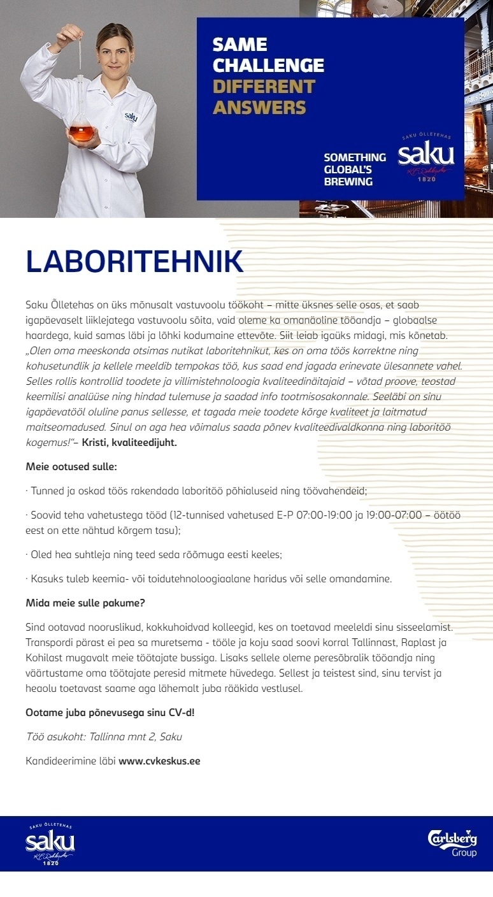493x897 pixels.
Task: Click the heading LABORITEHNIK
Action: pos(134,262)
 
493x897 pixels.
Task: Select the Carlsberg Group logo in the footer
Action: pos(452,843)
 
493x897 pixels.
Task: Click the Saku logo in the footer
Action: pos(50,845)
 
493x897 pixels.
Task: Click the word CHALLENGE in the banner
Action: pos(268,66)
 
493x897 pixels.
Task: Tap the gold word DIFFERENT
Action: pos(264,87)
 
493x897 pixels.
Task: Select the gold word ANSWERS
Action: pos(259,108)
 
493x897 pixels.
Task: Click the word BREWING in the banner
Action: pos(348,182)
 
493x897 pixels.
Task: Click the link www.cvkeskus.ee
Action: pos(159,761)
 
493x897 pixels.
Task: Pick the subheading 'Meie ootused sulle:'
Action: pos(71,467)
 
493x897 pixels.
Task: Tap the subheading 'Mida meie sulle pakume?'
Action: pos(85,603)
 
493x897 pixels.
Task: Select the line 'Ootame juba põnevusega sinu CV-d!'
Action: pos(110,712)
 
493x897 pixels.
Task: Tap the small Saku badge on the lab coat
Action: pos(131,117)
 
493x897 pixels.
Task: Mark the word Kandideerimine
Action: pos(61,761)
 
